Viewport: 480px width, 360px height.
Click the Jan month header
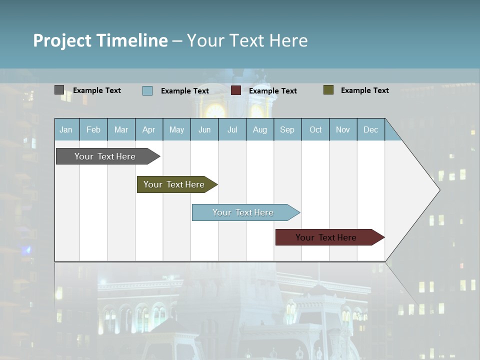[x=66, y=129]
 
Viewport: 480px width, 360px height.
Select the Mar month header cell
[x=121, y=129]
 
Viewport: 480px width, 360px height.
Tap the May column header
[x=176, y=129]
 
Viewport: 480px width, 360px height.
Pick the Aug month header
[x=259, y=129]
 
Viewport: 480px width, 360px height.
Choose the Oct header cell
[x=315, y=129]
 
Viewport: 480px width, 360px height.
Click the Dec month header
[x=370, y=129]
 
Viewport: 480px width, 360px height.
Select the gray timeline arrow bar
[x=105, y=156]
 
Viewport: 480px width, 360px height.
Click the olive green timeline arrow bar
[x=174, y=184]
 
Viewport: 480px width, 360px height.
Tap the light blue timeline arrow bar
[x=243, y=212]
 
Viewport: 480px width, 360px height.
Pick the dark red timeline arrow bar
[x=326, y=237]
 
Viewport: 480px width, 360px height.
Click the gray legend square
[x=59, y=90]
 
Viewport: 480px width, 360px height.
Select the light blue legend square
[x=147, y=90]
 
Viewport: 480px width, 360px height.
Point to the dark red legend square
[x=236, y=90]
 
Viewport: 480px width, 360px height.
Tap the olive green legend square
[x=328, y=90]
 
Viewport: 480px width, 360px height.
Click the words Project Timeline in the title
[x=100, y=40]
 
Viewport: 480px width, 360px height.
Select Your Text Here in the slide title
[x=247, y=40]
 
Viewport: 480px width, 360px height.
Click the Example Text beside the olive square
[x=364, y=90]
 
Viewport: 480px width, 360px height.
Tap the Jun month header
[x=204, y=129]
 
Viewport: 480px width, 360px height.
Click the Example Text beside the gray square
[x=96, y=90]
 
